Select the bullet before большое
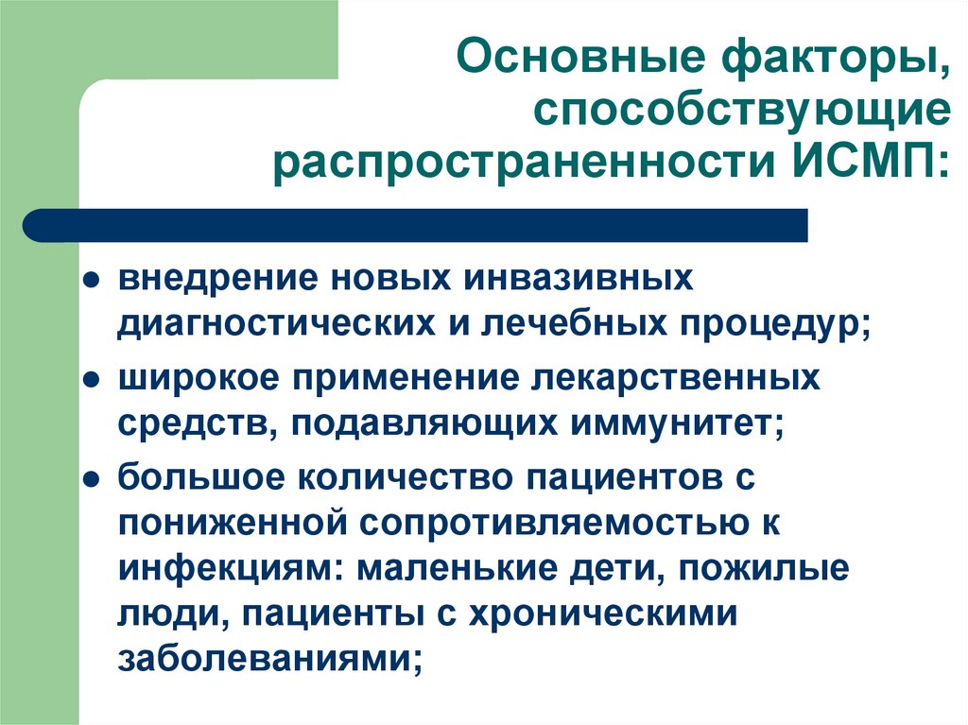pos(91,478)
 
